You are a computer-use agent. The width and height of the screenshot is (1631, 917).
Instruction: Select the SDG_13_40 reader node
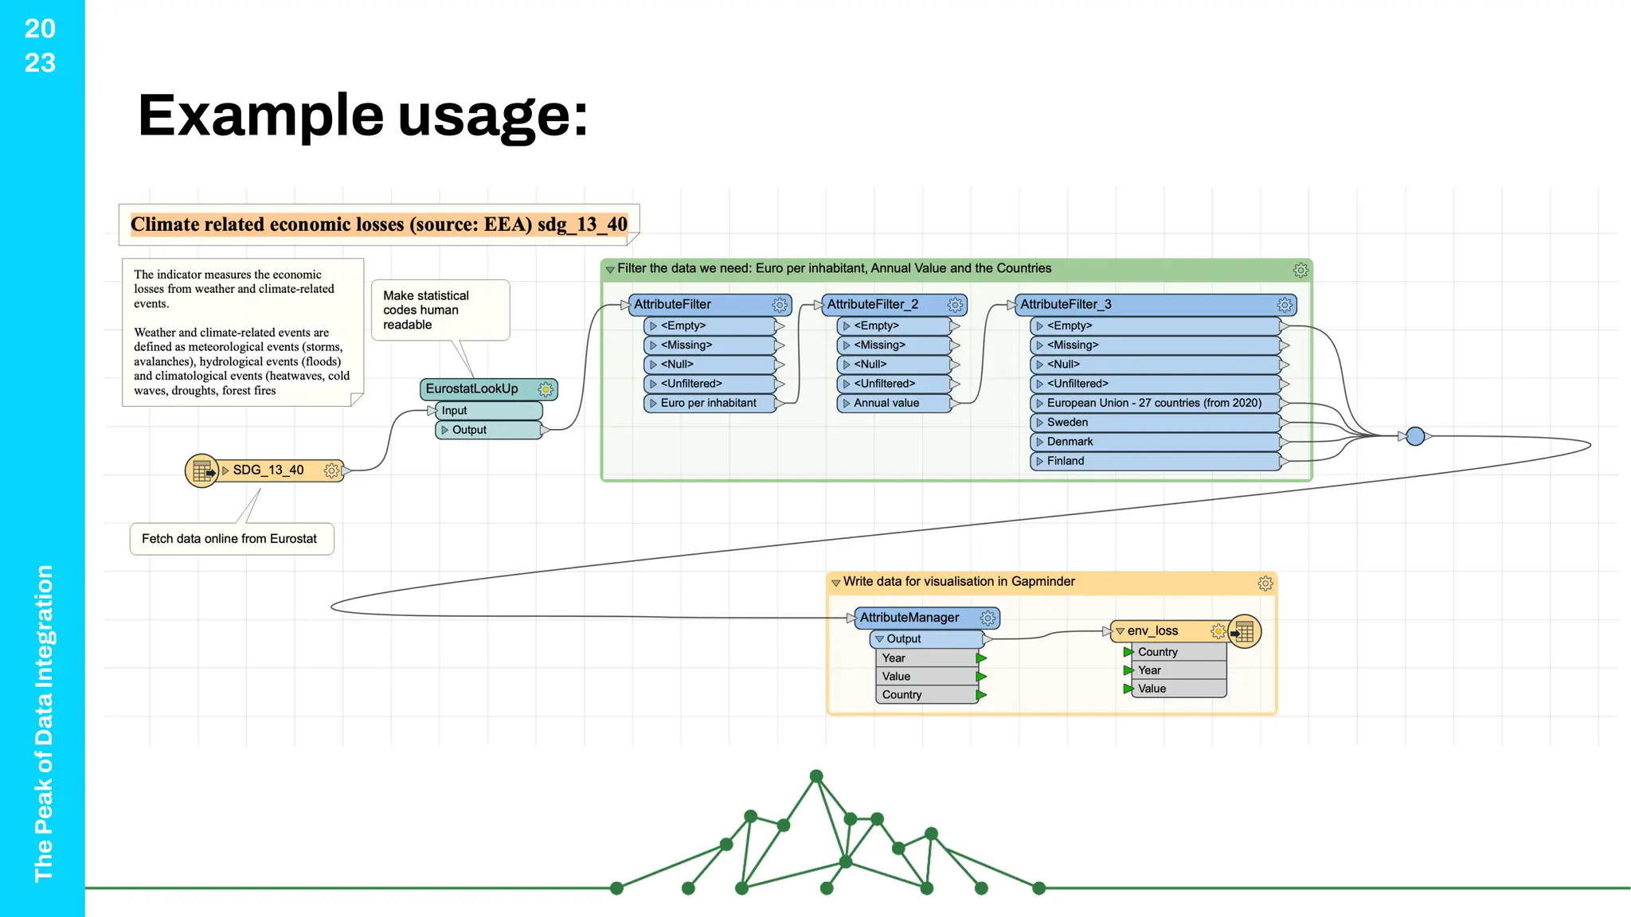(268, 470)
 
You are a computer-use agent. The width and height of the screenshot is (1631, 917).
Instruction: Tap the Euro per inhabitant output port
(708, 404)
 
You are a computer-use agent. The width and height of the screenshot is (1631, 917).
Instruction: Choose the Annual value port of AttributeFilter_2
(886, 404)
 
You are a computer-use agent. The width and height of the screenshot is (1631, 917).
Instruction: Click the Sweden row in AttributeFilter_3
(1067, 423)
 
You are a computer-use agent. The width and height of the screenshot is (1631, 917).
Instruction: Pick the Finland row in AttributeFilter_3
(1066, 461)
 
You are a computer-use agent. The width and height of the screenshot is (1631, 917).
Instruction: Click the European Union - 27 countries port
(1153, 404)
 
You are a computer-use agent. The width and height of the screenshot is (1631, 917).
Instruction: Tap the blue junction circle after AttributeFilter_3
(1415, 436)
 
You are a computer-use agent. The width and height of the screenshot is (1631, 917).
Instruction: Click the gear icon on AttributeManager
(988, 618)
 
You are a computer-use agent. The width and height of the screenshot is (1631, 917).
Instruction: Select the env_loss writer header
(1152, 631)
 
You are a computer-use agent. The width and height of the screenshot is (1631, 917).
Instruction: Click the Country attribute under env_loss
(1157, 652)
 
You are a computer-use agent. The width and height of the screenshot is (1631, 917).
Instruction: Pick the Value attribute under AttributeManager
(896, 677)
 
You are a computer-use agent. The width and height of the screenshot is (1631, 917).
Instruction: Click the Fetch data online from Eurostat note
(230, 539)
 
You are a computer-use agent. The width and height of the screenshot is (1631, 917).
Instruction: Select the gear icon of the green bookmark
(1300, 271)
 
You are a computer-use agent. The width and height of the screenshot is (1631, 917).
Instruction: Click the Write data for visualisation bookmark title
(959, 582)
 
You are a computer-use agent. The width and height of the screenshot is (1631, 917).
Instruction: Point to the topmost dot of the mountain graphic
(816, 776)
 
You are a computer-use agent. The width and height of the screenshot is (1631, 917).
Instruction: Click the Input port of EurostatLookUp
(455, 411)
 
